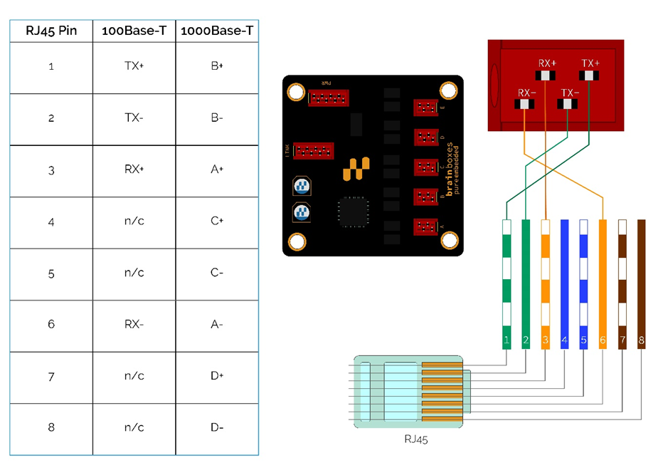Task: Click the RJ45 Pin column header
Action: click(51, 31)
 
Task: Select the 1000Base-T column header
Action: click(217, 31)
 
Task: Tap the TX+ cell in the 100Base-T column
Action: click(134, 66)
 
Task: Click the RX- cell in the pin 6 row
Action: click(134, 324)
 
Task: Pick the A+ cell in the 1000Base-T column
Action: click(217, 169)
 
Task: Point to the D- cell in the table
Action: click(217, 427)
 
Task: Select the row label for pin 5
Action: click(51, 273)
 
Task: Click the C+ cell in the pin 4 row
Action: click(217, 221)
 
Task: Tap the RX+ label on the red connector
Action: click(546, 63)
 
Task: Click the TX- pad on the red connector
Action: click(568, 105)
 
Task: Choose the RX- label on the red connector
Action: click(526, 93)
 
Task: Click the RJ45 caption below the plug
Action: click(416, 439)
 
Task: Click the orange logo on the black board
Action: click(356, 169)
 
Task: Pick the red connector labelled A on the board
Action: click(426, 227)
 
